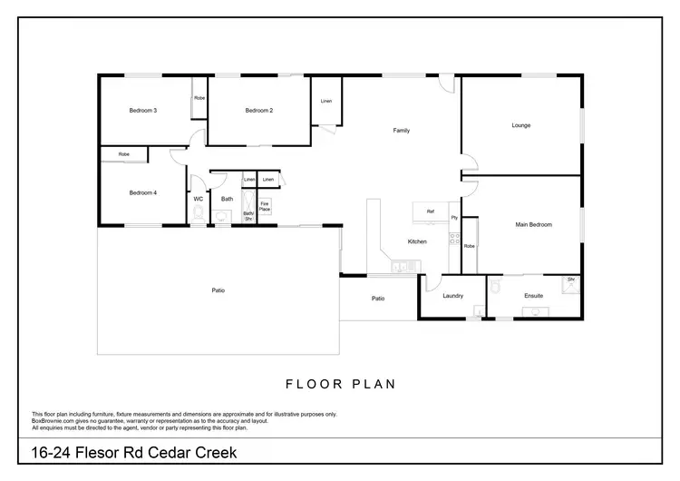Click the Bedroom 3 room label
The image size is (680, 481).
tap(143, 111)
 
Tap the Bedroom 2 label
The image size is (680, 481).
tap(258, 111)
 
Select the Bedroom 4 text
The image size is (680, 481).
tap(143, 192)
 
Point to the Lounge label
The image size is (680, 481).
tap(520, 125)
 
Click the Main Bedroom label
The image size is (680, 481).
tap(533, 224)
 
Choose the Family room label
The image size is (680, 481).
tap(401, 131)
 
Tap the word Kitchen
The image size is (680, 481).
tap(417, 241)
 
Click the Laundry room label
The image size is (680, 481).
tap(453, 296)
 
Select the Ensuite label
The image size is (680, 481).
tap(534, 296)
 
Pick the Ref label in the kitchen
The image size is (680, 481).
tap(431, 211)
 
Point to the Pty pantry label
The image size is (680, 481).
tap(454, 218)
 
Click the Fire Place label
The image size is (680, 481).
tap(265, 206)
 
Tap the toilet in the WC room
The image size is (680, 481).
tap(198, 214)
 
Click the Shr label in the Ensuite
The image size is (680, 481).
tap(571, 280)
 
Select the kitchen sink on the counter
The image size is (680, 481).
tap(400, 267)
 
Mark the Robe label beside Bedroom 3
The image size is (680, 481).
tap(199, 97)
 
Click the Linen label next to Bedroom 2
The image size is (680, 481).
tap(325, 101)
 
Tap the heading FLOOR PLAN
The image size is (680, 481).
tap(340, 384)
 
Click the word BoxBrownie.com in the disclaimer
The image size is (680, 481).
tap(52, 419)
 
